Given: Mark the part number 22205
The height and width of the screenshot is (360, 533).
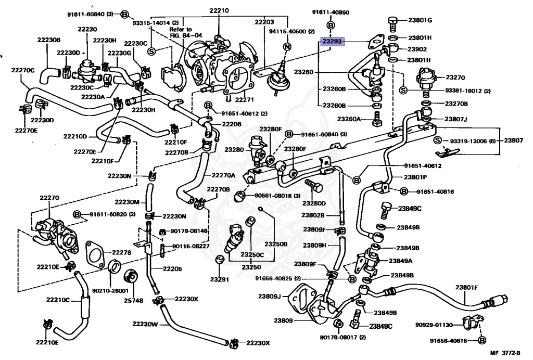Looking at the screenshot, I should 172,269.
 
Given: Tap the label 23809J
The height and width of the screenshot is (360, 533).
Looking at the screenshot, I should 270,297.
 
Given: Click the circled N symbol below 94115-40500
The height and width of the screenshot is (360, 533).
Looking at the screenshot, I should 285,47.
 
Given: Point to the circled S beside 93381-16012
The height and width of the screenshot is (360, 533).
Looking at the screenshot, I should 403,91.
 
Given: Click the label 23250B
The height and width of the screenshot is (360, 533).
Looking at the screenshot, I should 275,243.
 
